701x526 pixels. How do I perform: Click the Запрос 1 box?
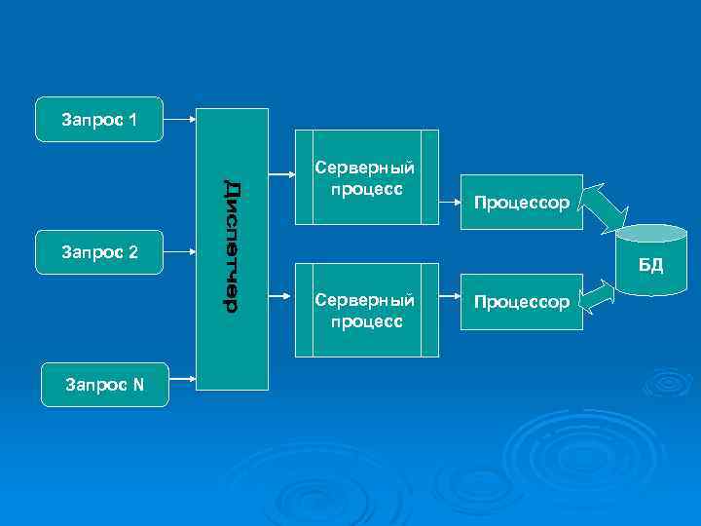point(98,120)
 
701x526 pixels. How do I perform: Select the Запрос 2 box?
point(98,252)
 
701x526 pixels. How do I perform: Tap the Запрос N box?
point(104,384)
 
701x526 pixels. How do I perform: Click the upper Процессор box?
point(520,203)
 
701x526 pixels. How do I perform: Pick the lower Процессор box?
point(520,302)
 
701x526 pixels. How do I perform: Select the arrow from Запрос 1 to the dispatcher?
point(179,120)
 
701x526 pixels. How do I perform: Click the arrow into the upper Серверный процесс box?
point(282,176)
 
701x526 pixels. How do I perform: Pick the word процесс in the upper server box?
point(366,188)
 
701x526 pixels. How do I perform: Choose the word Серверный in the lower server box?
point(366,300)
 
